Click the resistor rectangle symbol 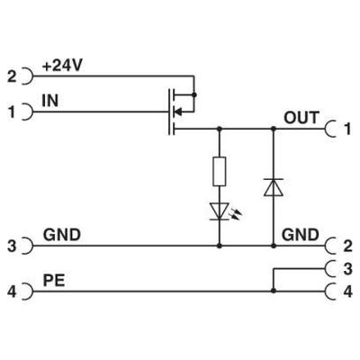click(x=219, y=172)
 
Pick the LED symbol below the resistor click(x=220, y=211)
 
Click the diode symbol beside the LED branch click(x=272, y=187)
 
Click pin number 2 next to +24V click(x=13, y=77)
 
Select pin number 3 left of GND click(x=13, y=245)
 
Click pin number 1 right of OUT click(x=347, y=129)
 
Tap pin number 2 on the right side click(x=347, y=245)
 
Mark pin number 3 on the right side click(x=347, y=267)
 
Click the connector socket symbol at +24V click(x=27, y=77)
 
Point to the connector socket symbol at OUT click(x=331, y=129)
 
